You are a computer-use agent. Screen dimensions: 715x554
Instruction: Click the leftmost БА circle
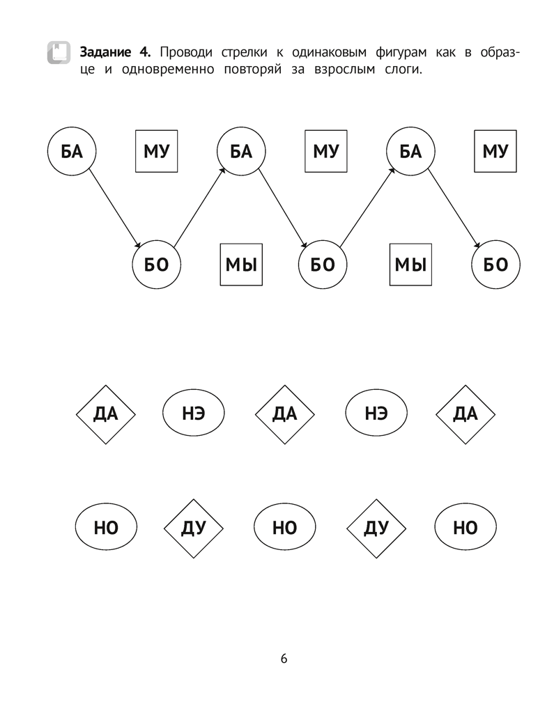(72, 152)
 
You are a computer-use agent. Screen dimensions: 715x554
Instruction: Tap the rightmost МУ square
(495, 152)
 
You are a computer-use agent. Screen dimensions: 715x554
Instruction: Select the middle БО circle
(323, 265)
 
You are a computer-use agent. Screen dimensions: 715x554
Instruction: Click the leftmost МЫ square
(241, 265)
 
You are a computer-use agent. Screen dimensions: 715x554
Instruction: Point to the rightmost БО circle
(495, 265)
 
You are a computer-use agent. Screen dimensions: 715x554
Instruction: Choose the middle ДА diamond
(284, 414)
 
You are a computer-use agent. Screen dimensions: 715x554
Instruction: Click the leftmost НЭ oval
(193, 414)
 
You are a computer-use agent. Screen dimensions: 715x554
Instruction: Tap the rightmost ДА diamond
(465, 414)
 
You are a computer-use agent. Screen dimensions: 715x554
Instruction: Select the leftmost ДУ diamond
(193, 528)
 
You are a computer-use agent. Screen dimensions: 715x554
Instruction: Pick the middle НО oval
(284, 528)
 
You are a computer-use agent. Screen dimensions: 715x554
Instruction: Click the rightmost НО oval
(465, 528)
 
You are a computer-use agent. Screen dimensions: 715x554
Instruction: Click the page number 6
(284, 659)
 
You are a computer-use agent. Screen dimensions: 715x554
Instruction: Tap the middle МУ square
(325, 152)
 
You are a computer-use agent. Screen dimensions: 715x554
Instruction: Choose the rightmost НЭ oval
(375, 414)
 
